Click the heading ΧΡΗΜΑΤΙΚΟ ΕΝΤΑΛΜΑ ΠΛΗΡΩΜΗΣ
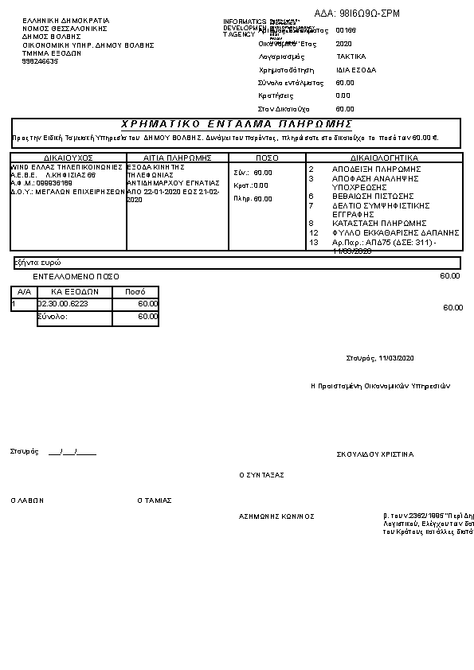tap(237, 124)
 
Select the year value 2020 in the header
tap(344, 45)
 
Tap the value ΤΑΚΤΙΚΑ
tap(351, 57)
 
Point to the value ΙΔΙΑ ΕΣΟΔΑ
tap(356, 70)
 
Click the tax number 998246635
tap(41, 61)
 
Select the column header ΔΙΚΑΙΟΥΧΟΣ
tap(69, 158)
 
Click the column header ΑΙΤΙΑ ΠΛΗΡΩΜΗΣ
tap(176, 158)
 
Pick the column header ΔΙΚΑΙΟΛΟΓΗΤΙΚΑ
tap(384, 158)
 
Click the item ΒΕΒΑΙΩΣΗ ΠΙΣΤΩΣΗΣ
tap(373, 196)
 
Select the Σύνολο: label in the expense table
tap(53, 317)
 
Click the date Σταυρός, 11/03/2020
tap(381, 357)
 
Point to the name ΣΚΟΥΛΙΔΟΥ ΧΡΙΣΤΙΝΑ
tap(375, 454)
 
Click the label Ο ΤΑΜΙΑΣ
tap(155, 501)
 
